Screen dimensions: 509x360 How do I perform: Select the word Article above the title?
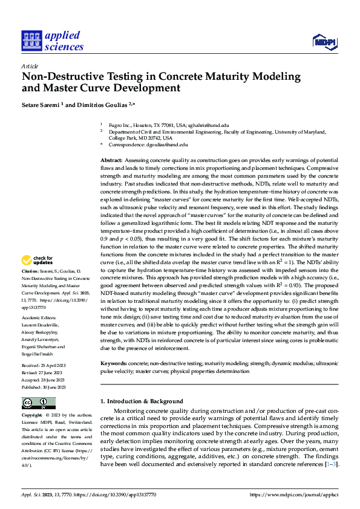(x=30, y=66)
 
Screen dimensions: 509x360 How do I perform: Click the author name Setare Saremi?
(x=41, y=105)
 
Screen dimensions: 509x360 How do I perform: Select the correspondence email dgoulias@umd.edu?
(x=167, y=145)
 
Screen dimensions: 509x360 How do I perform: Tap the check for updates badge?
(x=38, y=261)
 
